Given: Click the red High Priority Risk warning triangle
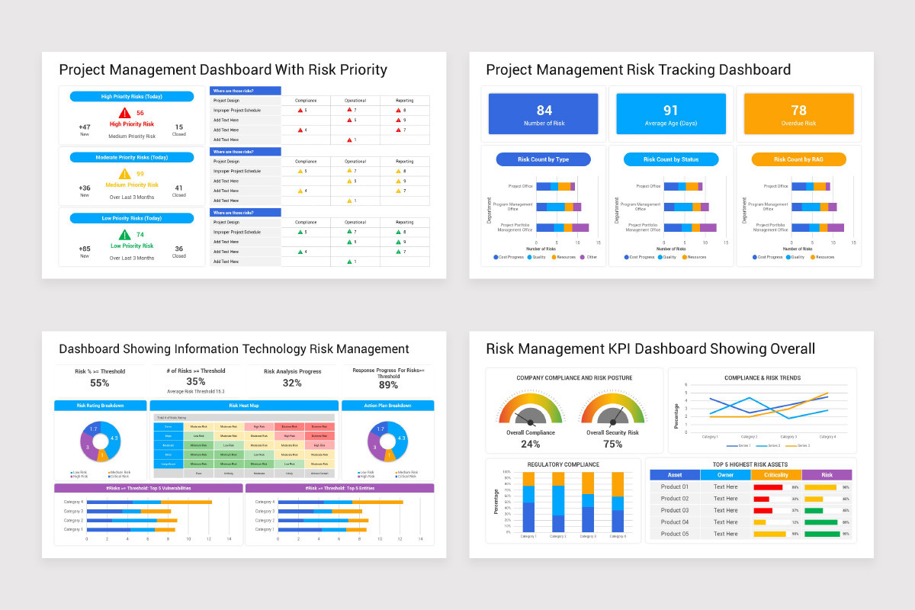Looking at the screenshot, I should tap(124, 113).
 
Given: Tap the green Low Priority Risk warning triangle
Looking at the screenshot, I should tap(124, 235).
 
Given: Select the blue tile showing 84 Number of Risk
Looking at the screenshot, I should tap(544, 114).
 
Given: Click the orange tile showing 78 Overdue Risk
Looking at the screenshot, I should tap(798, 114).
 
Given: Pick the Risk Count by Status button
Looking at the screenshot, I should tap(671, 159).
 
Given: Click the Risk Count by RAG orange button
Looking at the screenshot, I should tap(798, 159).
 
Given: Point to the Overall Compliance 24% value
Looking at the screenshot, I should tap(530, 445).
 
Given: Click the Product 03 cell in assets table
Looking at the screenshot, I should tap(674, 510).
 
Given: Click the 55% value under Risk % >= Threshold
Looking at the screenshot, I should tap(100, 384).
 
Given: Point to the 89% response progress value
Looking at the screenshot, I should tap(388, 385).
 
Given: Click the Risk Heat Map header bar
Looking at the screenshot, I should tap(244, 406).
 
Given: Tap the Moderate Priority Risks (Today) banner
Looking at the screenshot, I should tap(132, 157).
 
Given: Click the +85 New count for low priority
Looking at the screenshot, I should tap(85, 249).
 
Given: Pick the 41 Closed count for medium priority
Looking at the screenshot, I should tap(178, 188).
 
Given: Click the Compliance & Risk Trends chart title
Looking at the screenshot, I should tap(762, 377).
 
